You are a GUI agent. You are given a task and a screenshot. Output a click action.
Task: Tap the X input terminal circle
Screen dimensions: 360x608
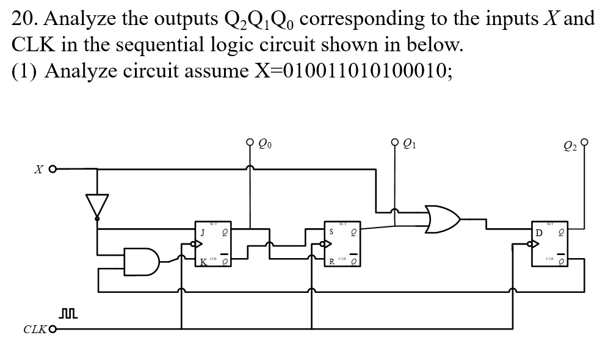(53, 168)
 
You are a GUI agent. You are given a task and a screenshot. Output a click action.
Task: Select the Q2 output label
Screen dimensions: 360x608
(569, 145)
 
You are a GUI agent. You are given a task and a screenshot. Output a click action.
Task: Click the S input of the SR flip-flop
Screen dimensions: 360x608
(331, 232)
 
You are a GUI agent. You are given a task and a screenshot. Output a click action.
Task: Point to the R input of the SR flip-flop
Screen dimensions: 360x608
(331, 262)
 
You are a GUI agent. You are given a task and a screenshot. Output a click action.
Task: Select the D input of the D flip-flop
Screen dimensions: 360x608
(538, 232)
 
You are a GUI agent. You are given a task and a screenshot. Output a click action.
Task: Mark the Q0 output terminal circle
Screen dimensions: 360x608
(250, 144)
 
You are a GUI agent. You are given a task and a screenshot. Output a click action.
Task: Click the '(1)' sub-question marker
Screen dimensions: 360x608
(25, 71)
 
